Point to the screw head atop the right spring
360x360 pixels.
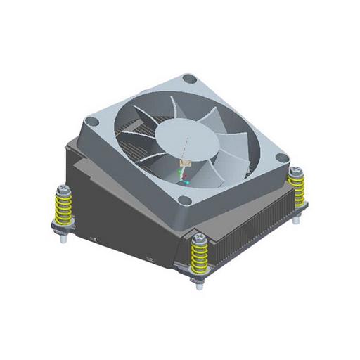pyautogui.click(x=297, y=172)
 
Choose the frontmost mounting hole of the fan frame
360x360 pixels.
pyautogui.click(x=184, y=200)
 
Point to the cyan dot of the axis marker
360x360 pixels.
pyautogui.click(x=188, y=182)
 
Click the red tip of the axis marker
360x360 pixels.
pyautogui.click(x=184, y=176)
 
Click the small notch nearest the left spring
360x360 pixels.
pyautogui.click(x=92, y=239)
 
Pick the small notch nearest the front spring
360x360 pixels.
pyautogui.click(x=150, y=260)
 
